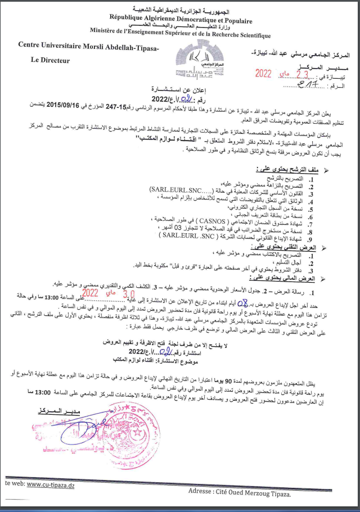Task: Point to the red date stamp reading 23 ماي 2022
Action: point(282,73)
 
